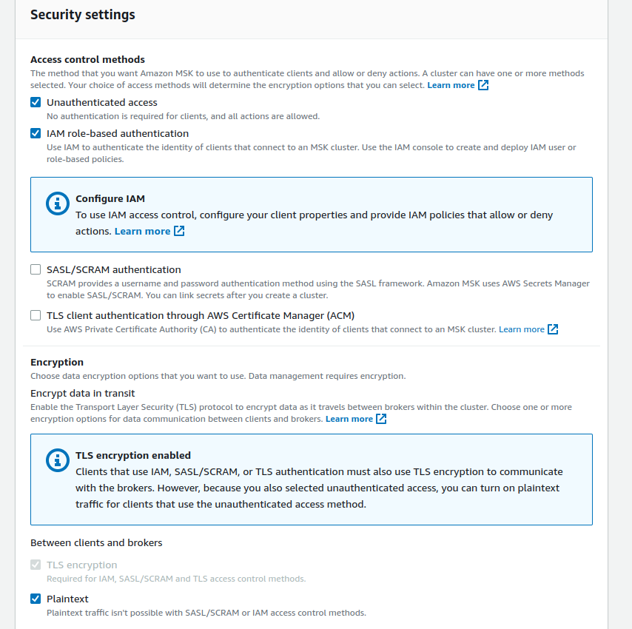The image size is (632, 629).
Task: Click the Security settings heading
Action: pyautogui.click(x=82, y=15)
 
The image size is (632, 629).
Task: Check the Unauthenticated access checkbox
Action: pyautogui.click(x=36, y=102)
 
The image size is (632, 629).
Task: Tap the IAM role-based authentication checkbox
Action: pyautogui.click(x=36, y=133)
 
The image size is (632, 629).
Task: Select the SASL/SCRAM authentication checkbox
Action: pyautogui.click(x=36, y=269)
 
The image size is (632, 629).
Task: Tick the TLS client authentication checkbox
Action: pyautogui.click(x=36, y=315)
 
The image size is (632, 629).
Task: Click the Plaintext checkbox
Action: pyautogui.click(x=36, y=599)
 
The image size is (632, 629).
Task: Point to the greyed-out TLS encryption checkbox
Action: pyautogui.click(x=36, y=565)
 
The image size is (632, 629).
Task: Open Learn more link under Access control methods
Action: pyautogui.click(x=451, y=85)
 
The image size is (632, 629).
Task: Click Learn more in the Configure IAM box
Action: pyautogui.click(x=142, y=231)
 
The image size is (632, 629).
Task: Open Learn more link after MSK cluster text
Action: pyautogui.click(x=521, y=329)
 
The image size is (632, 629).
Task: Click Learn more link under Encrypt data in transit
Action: pyautogui.click(x=349, y=419)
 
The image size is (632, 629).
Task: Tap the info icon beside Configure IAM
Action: pyautogui.click(x=57, y=204)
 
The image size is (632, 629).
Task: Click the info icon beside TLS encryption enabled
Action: pyautogui.click(x=57, y=460)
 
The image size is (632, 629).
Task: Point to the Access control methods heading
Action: pyautogui.click(x=87, y=59)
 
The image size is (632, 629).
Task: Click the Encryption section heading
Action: pyautogui.click(x=57, y=362)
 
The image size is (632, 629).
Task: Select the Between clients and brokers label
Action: pyautogui.click(x=96, y=542)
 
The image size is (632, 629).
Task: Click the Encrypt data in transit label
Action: pyautogui.click(x=82, y=393)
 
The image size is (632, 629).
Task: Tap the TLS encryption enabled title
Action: pyautogui.click(x=133, y=455)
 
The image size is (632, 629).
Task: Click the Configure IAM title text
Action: pyautogui.click(x=110, y=198)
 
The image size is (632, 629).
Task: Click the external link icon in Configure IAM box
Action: pyautogui.click(x=179, y=231)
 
